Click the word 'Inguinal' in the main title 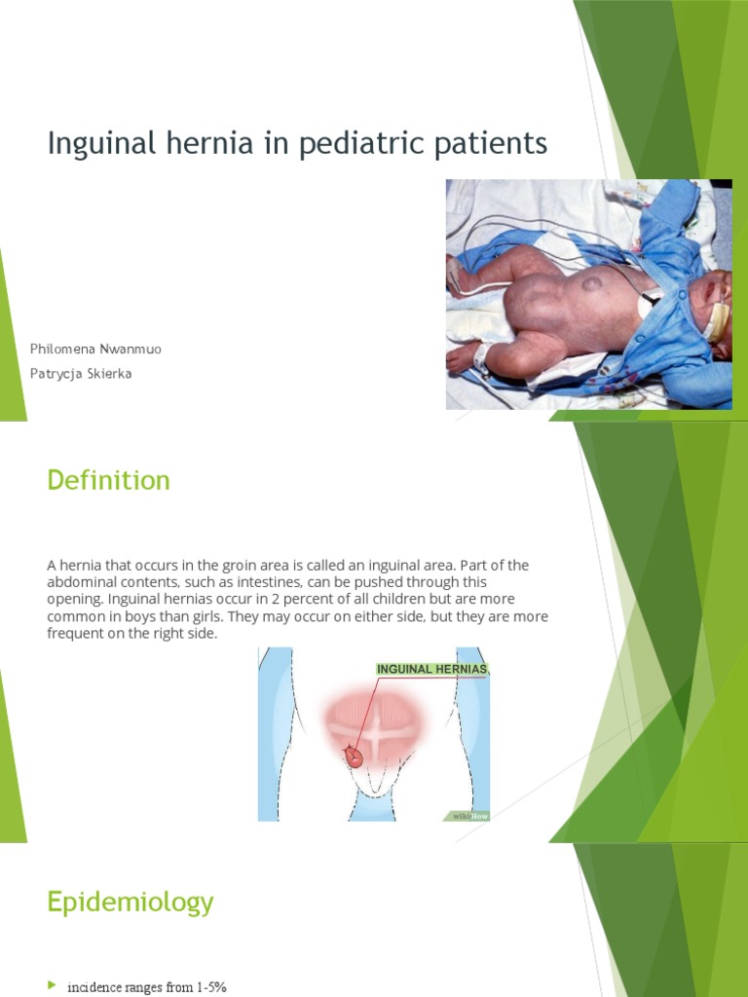95,145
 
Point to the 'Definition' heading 108,480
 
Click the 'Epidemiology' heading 130,903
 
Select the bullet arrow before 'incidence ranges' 53,986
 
